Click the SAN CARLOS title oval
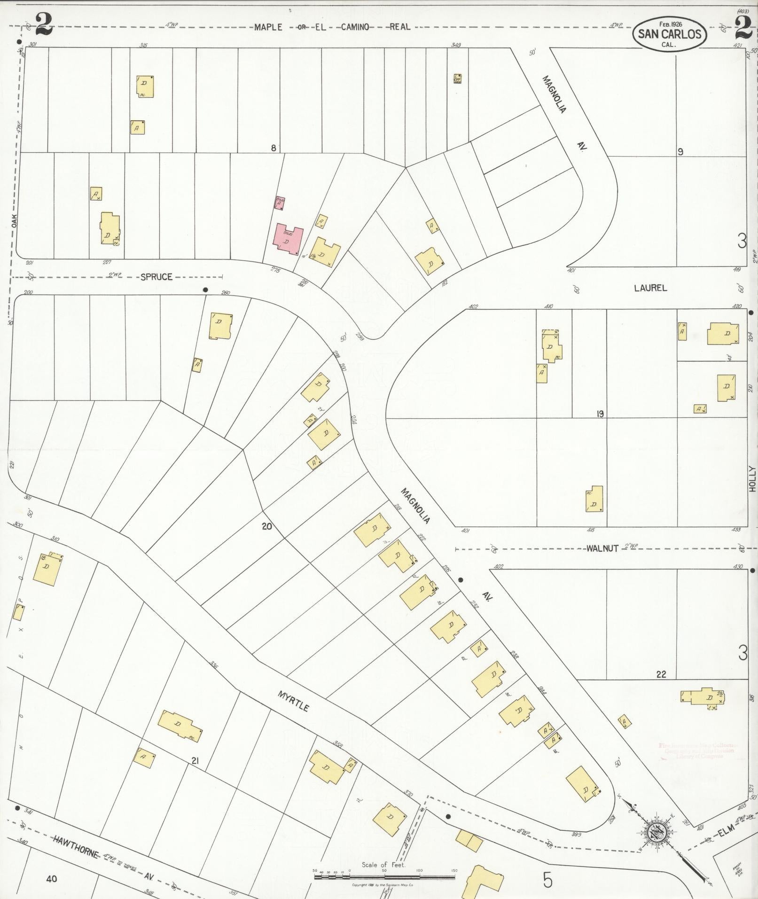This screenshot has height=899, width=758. click(669, 34)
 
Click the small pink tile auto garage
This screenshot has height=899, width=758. click(280, 203)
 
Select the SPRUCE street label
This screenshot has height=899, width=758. click(156, 277)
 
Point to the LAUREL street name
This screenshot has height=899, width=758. click(650, 288)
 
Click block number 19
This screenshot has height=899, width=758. click(600, 414)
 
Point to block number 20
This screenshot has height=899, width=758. click(266, 526)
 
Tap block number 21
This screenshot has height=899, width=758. click(196, 760)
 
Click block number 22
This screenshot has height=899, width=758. click(661, 674)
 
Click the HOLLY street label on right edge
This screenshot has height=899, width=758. click(752, 478)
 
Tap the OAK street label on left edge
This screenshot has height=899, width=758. click(15, 219)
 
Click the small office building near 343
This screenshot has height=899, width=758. click(457, 78)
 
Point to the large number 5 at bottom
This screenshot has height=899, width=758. click(547, 880)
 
